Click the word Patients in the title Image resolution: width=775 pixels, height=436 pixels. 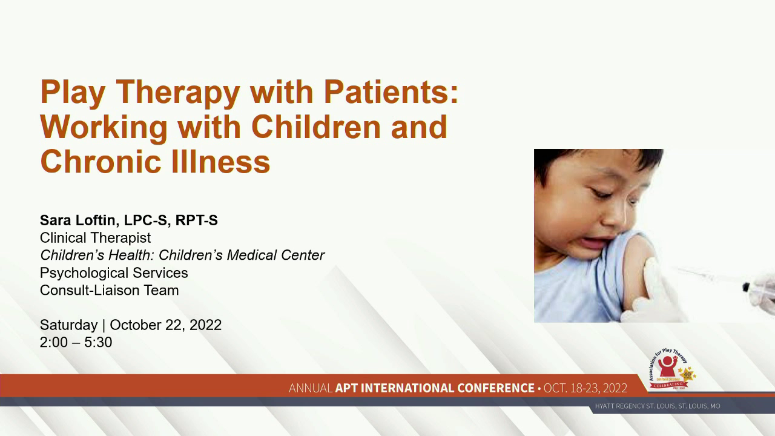point(391,92)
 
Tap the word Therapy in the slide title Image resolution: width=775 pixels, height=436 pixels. point(177,92)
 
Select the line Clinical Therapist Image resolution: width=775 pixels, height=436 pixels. point(95,238)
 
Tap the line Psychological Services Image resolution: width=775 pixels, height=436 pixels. point(114,272)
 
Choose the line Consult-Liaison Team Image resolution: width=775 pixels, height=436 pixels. point(109,290)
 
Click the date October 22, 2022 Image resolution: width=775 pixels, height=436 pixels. point(165,325)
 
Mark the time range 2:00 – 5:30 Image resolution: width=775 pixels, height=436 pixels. point(76,342)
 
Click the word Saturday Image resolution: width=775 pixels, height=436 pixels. point(68,325)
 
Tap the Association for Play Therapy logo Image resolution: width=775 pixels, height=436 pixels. point(670,369)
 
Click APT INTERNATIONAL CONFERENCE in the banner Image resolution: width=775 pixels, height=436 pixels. point(435,388)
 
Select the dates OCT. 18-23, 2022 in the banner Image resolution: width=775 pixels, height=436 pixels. point(585,388)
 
